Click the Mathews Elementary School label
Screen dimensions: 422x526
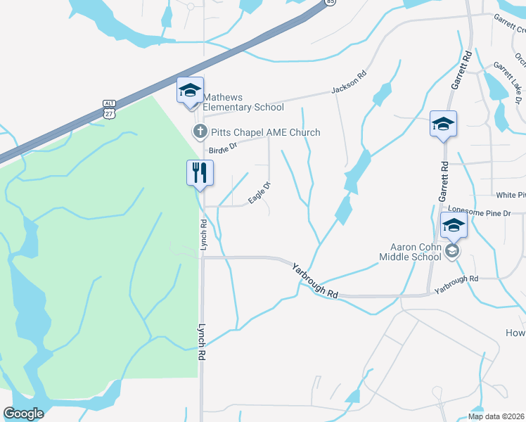tap(243, 102)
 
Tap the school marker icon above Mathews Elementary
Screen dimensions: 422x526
tap(190, 91)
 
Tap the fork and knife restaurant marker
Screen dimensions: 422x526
tap(200, 173)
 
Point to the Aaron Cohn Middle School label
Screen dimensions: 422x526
tap(416, 252)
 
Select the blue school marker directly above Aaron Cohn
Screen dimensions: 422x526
tap(454, 226)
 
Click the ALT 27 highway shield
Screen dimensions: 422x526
tap(108, 108)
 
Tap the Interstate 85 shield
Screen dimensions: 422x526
tap(330, 2)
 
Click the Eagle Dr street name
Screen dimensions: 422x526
tap(260, 193)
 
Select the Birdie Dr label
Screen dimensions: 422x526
tap(224, 148)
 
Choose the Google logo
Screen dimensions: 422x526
tap(23, 414)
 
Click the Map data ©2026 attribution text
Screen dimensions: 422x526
tap(496, 416)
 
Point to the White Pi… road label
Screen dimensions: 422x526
tap(511, 195)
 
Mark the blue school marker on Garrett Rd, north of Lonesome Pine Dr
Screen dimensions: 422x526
tap(443, 125)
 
